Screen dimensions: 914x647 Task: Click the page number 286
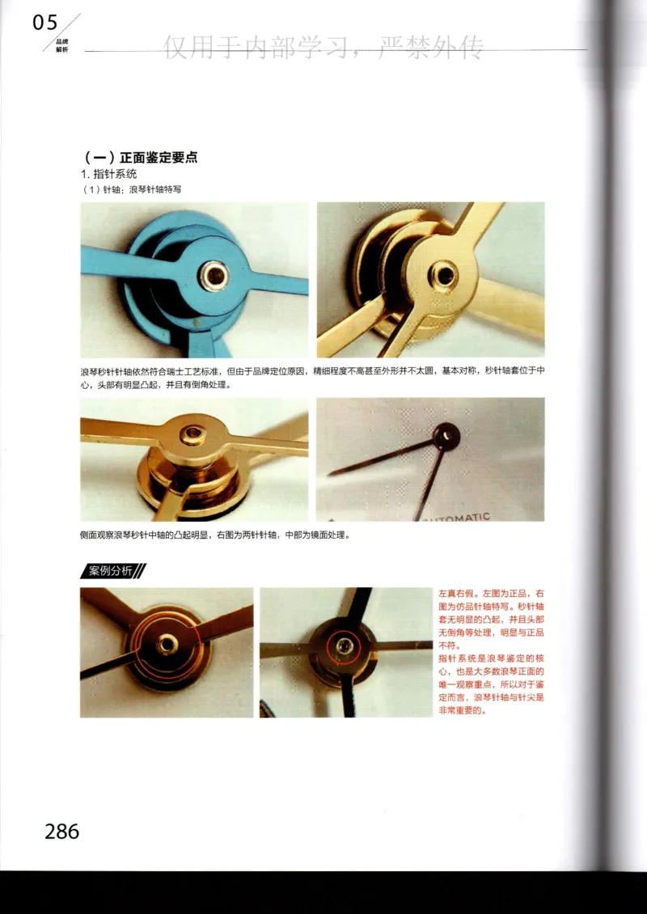coord(62,831)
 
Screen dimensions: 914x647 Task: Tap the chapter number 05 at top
coord(45,23)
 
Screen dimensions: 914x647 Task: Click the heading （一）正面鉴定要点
coord(141,157)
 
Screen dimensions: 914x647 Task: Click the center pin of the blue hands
coord(214,276)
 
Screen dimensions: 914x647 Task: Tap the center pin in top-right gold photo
coord(443,276)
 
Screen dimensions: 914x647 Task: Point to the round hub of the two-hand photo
coord(446,436)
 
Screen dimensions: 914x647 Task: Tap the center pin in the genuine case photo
coord(167,645)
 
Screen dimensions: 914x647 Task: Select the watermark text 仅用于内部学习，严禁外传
coord(323,49)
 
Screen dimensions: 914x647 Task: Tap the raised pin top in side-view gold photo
coord(193,435)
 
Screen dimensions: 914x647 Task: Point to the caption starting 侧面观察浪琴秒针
coord(214,535)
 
